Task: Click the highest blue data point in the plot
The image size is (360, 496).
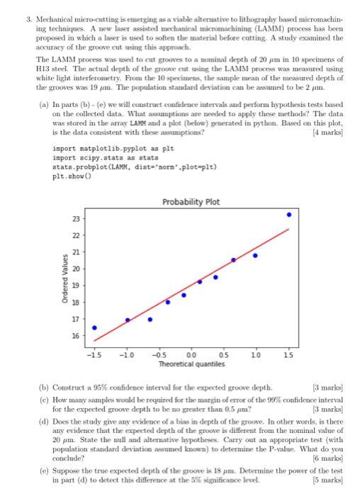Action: [x=288, y=214]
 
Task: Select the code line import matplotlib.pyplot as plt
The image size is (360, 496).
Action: [x=109, y=150]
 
